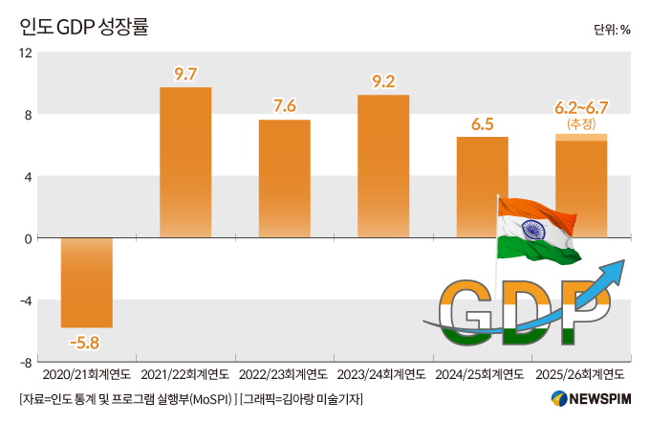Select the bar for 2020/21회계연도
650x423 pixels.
(x=86, y=282)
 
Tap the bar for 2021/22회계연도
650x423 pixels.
(x=185, y=163)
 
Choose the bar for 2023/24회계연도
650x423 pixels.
(x=383, y=167)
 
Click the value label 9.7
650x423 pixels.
(x=185, y=74)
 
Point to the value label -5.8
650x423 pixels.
(x=85, y=341)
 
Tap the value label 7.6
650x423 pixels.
(x=284, y=105)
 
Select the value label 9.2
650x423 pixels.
(x=383, y=81)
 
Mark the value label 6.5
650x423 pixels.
(x=482, y=123)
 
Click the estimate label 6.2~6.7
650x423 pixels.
(x=581, y=107)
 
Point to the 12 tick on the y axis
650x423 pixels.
(x=27, y=53)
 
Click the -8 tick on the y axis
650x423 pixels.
(x=27, y=362)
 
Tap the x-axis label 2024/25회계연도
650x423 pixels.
(x=482, y=374)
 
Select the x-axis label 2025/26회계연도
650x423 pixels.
(x=581, y=374)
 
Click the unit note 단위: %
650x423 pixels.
(x=611, y=29)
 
